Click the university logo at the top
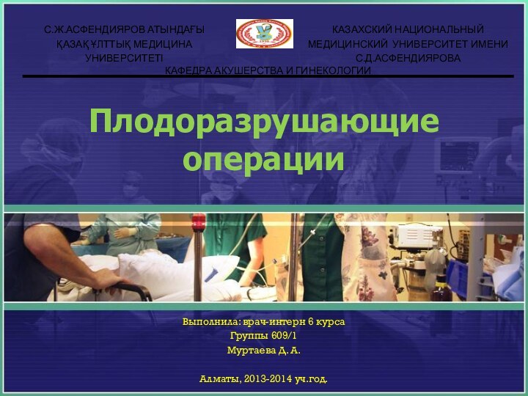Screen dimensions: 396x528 [264, 34]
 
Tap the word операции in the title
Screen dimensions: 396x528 [264, 158]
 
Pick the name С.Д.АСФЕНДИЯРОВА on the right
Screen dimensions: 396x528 [408, 57]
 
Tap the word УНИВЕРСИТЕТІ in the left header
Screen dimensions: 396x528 [125, 57]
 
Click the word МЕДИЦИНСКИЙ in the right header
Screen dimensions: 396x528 [348, 44]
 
